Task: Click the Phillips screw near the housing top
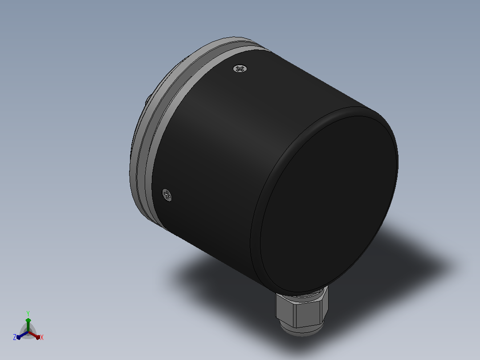240,69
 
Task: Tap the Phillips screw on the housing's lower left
167,195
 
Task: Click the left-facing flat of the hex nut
285,310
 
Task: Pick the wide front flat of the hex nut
307,314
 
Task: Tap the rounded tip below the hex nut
301,331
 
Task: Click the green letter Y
28,314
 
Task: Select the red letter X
42,337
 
